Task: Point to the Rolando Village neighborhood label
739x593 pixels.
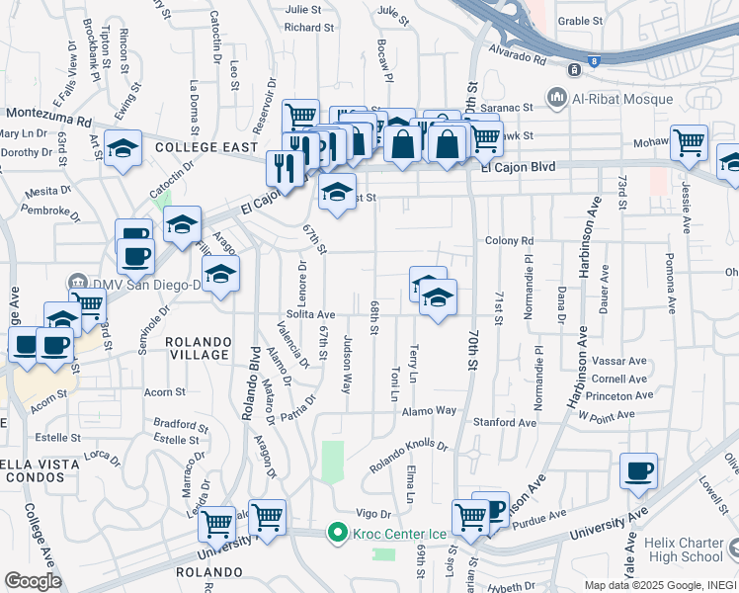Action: click(198, 348)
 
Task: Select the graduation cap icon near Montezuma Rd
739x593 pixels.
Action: click(122, 148)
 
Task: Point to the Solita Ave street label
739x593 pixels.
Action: click(312, 314)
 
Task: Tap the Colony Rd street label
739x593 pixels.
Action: click(509, 240)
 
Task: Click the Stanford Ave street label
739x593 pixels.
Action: click(504, 422)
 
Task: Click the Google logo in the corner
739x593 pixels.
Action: click(33, 581)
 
